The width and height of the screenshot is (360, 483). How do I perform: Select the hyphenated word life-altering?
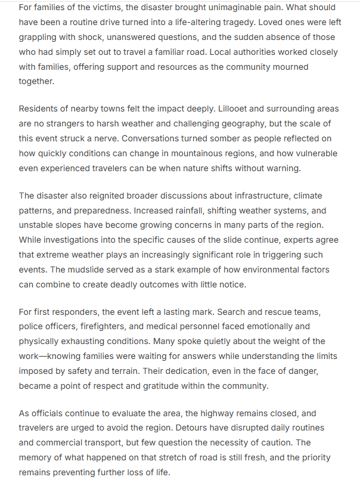(239, 23)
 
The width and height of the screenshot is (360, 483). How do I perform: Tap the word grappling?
(39, 38)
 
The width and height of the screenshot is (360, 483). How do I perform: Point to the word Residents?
(40, 109)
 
